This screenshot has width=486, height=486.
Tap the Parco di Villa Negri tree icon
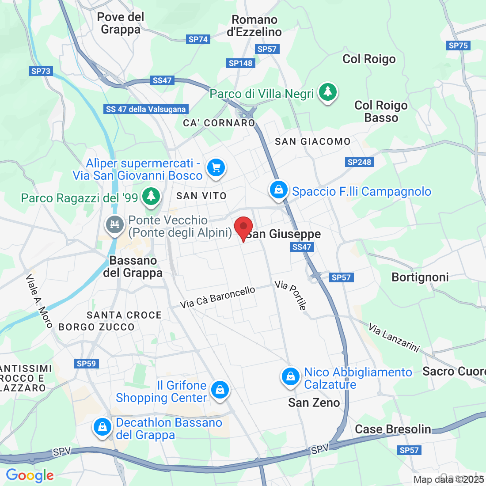click(327, 92)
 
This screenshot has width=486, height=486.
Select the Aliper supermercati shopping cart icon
click(216, 168)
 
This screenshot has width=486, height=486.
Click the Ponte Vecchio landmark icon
click(115, 224)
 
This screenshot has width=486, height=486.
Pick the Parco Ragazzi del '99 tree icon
click(151, 195)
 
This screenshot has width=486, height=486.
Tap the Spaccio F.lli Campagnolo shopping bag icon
click(278, 190)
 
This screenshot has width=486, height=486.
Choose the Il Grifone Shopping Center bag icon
click(220, 390)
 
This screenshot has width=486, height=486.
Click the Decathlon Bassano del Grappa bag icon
click(103, 427)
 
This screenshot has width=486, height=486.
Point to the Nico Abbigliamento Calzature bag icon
click(291, 376)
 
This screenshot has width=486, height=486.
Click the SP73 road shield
click(41, 71)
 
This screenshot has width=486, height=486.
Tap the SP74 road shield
click(198, 39)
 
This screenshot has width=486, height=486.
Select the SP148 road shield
click(241, 63)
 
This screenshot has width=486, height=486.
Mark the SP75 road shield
click(458, 46)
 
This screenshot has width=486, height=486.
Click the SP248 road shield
click(360, 162)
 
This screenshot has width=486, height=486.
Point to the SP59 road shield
click(86, 364)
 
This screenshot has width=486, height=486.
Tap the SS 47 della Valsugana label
click(146, 109)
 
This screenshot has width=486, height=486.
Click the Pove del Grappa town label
click(121, 23)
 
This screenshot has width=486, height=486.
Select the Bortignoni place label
click(420, 277)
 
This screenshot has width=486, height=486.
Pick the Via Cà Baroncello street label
click(217, 297)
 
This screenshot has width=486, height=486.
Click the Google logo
click(30, 475)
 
